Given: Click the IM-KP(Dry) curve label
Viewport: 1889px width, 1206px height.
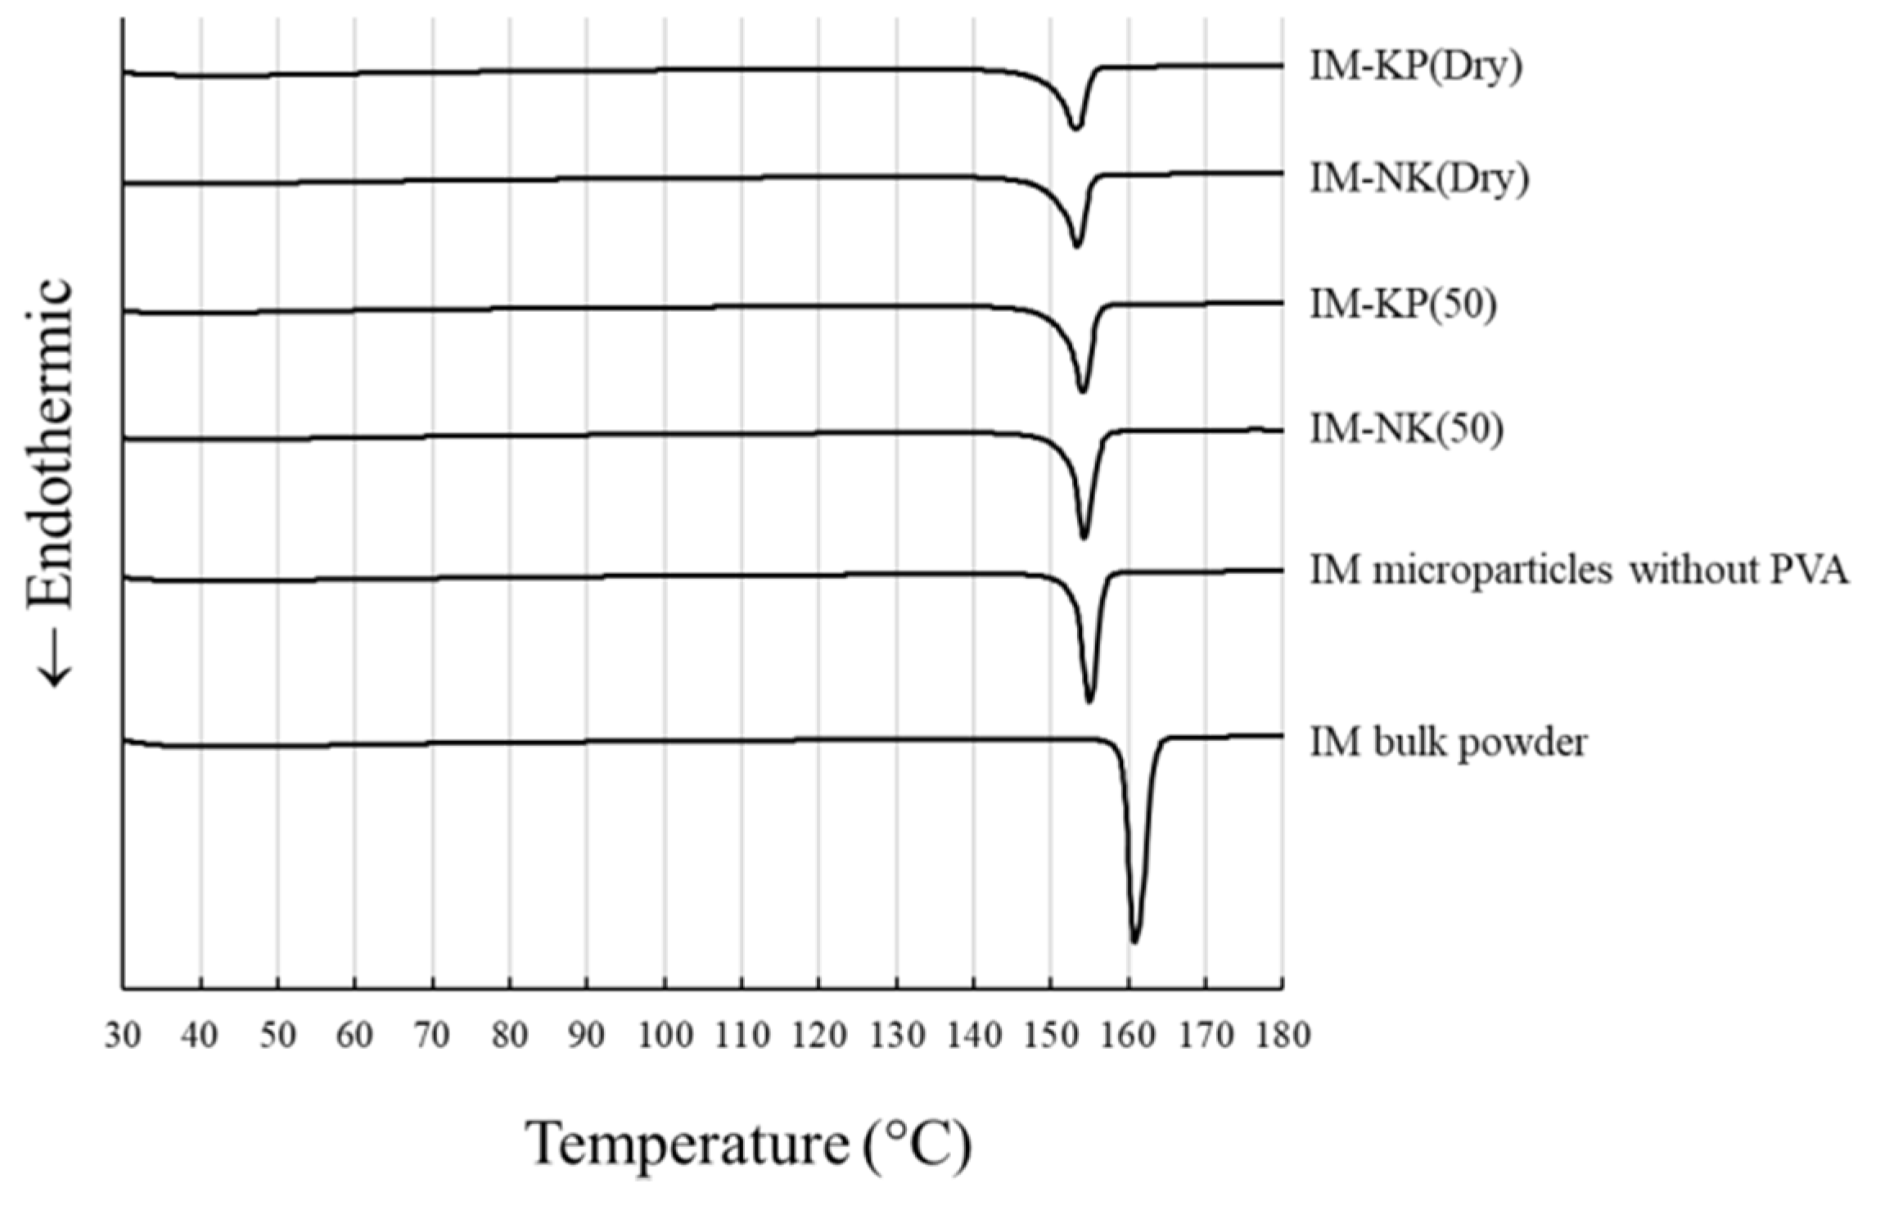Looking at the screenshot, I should tap(1416, 67).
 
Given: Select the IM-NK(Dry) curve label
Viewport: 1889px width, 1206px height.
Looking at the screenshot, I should tap(1419, 178).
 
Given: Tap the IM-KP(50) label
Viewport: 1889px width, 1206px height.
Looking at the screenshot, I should tap(1403, 305).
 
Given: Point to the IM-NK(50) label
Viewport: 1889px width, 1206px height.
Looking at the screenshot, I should tap(1406, 429).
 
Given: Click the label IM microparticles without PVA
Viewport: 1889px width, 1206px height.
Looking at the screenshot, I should tap(1579, 570).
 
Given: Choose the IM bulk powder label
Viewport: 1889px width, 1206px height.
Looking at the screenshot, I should tap(1448, 743).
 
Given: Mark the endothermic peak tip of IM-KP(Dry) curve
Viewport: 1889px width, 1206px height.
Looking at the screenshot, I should tap(1075, 128).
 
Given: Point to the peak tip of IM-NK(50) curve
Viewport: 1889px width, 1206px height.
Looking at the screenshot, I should tap(1084, 537).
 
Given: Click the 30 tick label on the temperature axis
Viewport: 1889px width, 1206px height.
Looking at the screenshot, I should tap(123, 1037).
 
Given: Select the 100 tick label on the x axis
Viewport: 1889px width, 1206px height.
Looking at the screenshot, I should tap(665, 1037).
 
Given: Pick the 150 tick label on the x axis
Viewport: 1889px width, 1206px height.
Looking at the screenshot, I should tap(1051, 1037).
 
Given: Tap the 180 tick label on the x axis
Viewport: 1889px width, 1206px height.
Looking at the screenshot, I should tap(1282, 1037).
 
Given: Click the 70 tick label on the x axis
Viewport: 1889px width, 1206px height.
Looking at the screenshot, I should tap(432, 1037).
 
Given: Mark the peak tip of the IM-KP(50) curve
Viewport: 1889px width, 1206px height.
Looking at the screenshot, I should tap(1083, 391).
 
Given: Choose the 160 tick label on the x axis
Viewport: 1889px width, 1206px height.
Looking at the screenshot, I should tap(1128, 1037).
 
